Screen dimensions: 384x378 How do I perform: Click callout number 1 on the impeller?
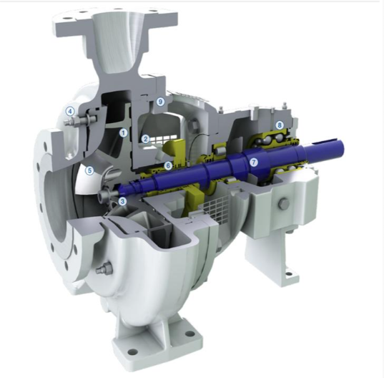124,133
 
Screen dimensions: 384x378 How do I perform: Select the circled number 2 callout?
145,139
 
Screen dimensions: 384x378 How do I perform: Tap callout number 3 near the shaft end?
122,201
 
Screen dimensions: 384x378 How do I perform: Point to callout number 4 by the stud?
70,112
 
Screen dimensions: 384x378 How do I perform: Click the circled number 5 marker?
89,170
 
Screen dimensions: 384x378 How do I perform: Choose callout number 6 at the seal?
168,165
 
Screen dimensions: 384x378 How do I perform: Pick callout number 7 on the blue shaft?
254,162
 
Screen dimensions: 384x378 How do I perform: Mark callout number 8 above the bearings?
280,125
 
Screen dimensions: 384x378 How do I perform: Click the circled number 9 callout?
160,101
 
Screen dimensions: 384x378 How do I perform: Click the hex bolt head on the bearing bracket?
284,204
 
